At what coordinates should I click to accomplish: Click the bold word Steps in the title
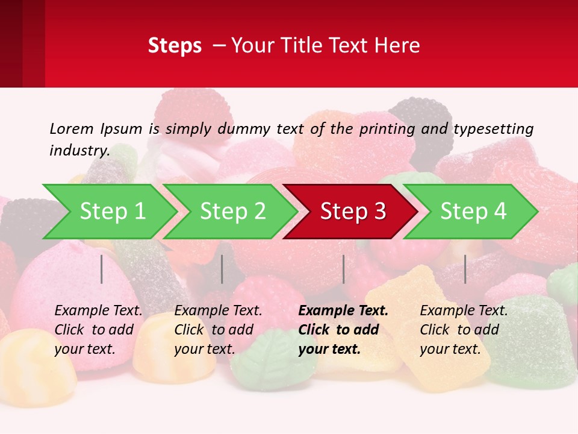point(175,46)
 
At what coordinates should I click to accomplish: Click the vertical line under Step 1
point(102,269)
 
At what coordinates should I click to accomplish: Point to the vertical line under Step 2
point(222,269)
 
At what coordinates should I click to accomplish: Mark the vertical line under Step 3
point(344,269)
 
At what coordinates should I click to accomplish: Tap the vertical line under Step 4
point(465,269)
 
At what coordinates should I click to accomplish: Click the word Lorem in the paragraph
point(71,128)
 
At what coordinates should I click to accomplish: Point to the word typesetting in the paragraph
point(493,129)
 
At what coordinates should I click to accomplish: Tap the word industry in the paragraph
point(79,150)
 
